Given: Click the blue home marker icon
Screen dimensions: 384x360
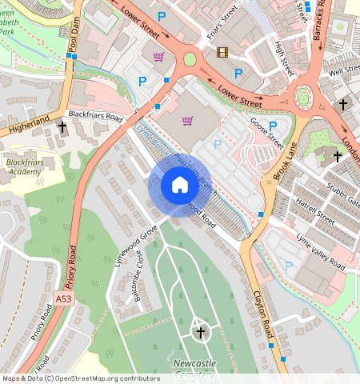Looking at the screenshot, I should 180,186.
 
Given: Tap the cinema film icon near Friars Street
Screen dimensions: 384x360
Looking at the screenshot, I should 222,53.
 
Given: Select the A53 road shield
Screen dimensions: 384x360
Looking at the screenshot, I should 64,298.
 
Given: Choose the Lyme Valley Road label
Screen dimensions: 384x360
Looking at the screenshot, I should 320,246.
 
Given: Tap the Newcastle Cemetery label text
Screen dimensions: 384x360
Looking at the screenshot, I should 194,368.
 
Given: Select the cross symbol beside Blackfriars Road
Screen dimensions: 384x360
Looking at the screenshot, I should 62,126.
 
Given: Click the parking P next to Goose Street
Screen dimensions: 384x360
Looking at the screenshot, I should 273,126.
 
